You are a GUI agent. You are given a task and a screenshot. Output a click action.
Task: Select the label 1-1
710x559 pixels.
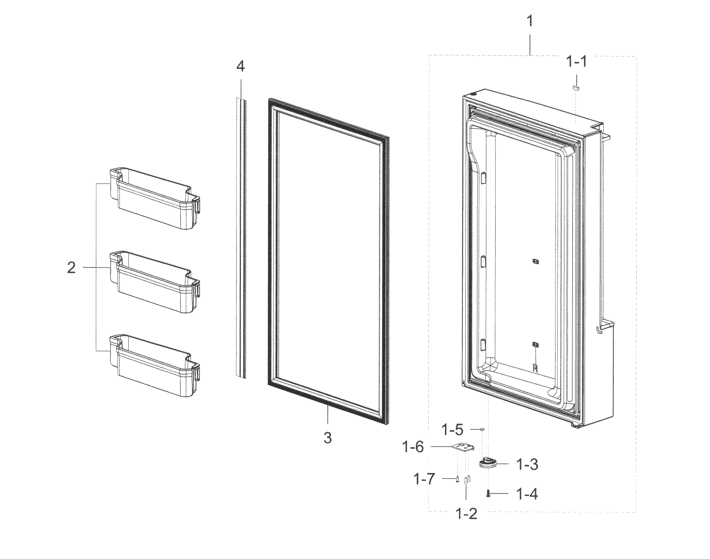tap(577, 62)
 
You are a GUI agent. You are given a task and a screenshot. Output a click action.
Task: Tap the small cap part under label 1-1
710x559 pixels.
tap(576, 88)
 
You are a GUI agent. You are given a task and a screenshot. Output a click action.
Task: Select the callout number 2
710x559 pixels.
tap(71, 268)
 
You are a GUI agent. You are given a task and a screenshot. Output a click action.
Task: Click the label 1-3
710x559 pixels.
tap(527, 464)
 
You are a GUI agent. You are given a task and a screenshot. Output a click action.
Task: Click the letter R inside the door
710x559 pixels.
tap(535, 368)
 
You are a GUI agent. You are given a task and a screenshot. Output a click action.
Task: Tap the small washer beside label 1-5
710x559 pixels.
tap(482, 429)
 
